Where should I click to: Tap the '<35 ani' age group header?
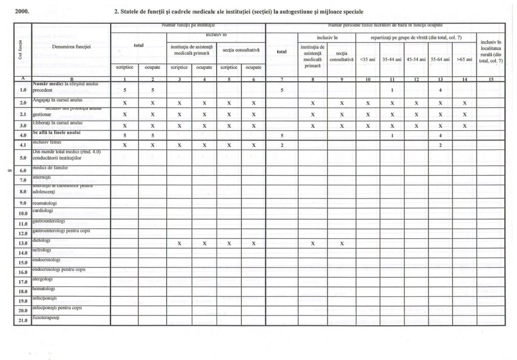click(368, 60)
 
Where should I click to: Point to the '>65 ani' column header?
click(464, 60)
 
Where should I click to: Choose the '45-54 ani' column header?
click(416, 60)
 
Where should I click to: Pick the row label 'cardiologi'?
click(42, 210)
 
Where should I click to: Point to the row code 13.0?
click(22, 243)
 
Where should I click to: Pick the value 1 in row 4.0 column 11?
click(392, 135)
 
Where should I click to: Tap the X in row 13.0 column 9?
click(341, 243)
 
